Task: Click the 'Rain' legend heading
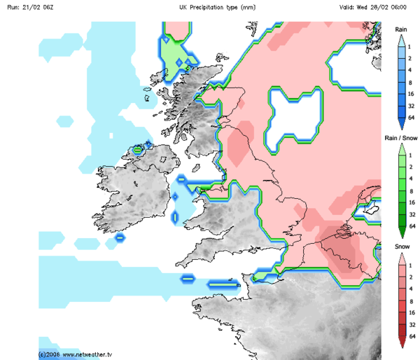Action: pyautogui.click(x=401, y=29)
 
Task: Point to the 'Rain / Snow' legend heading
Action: pyautogui.click(x=401, y=139)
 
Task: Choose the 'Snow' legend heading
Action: pyautogui.click(x=401, y=248)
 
